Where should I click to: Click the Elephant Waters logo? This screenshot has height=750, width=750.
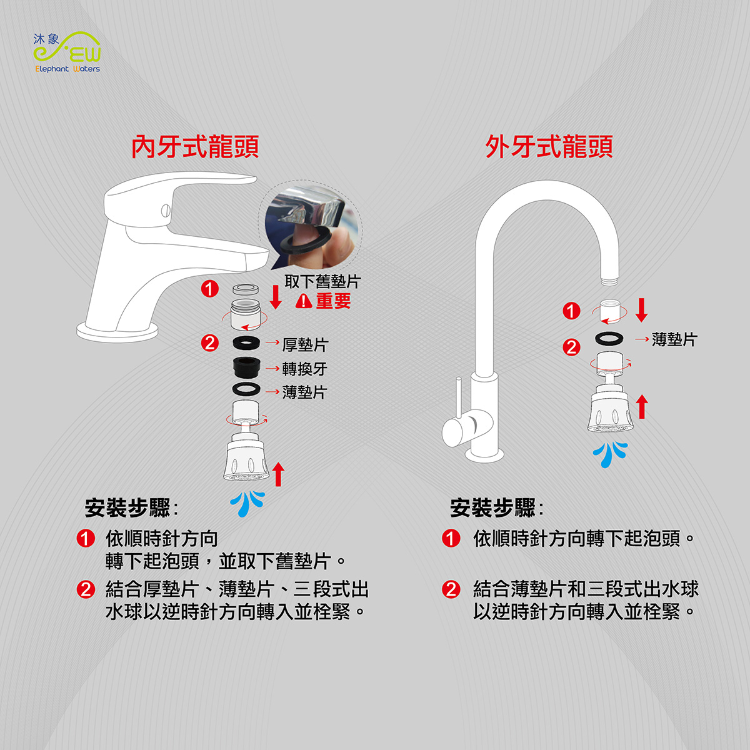point(67,52)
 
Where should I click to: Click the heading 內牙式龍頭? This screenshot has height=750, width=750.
point(195,147)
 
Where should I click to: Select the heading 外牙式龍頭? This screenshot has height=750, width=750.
point(549,147)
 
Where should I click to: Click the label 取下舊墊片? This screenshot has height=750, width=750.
point(322,282)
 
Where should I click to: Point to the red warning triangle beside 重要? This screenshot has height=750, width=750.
point(304,301)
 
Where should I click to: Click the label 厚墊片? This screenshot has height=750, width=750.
point(305,344)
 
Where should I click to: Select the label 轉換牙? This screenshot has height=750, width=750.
point(305,369)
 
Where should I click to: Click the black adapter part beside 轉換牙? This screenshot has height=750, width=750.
point(247,367)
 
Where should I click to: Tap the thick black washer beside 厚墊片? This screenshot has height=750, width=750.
point(246,343)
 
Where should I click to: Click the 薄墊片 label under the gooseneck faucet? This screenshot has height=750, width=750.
point(674,339)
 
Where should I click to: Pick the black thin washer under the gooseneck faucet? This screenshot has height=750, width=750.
point(609,338)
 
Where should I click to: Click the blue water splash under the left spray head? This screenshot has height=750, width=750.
point(247,503)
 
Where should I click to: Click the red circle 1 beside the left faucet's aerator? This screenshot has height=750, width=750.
point(210,289)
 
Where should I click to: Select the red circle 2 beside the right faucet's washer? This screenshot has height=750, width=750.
point(571,347)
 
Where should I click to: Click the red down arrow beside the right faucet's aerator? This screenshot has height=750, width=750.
point(641,310)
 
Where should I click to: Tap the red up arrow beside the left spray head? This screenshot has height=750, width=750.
point(278,474)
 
